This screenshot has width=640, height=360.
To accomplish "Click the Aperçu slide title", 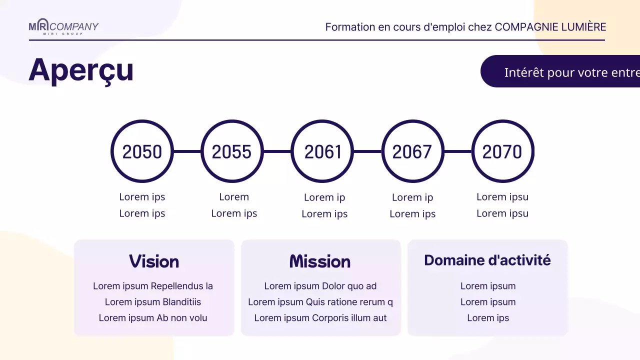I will pyautogui.click(x=81, y=70).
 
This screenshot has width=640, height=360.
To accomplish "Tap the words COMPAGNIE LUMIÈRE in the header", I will pyautogui.click(x=550, y=27).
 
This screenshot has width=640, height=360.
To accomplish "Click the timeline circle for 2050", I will pyautogui.click(x=142, y=151).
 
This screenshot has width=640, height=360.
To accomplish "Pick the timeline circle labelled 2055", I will pyautogui.click(x=232, y=151).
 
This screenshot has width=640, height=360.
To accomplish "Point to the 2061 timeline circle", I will pyautogui.click(x=322, y=151).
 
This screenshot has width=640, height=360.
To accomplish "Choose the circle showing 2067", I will pyautogui.click(x=412, y=151).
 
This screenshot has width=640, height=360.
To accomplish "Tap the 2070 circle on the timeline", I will pyautogui.click(x=502, y=151).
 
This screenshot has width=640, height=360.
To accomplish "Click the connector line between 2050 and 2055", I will pyautogui.click(x=187, y=151).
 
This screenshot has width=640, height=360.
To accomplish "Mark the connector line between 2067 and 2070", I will pyautogui.click(x=457, y=151).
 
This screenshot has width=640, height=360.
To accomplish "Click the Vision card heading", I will pyautogui.click(x=154, y=261).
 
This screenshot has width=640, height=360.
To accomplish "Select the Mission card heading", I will pyautogui.click(x=320, y=261).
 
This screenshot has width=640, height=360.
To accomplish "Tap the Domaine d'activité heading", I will pyautogui.click(x=487, y=260).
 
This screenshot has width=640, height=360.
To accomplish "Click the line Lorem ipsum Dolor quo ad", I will pyautogui.click(x=320, y=286).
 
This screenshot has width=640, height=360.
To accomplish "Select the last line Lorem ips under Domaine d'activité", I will pyautogui.click(x=488, y=318).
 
